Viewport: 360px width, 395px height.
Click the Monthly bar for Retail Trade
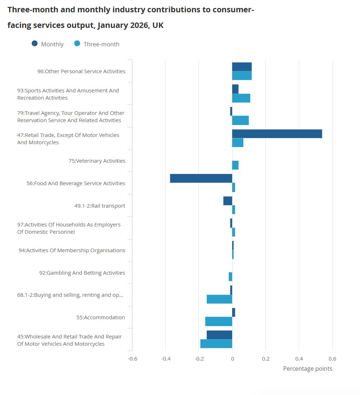277,134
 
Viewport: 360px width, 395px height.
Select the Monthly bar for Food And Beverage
201,178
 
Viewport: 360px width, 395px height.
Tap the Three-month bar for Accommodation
219,321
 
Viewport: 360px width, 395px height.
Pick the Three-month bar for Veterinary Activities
235,165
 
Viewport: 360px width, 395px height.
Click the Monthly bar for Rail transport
228,201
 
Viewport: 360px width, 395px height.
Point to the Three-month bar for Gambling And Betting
230,276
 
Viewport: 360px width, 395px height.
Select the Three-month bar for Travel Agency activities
240,120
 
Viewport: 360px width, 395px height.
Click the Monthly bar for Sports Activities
235,89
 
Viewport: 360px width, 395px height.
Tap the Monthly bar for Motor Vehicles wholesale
219,335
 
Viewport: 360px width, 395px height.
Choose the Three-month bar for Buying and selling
219,299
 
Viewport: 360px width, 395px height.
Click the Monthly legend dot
35,44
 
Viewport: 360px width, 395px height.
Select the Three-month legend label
101,44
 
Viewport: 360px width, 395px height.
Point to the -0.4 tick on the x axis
166,359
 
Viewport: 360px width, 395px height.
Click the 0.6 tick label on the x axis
332,359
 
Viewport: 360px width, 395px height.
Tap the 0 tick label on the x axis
232,359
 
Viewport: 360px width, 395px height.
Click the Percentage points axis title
307,369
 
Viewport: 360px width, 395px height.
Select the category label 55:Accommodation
101,317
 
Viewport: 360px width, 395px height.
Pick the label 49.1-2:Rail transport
100,206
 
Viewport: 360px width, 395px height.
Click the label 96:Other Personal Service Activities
81,71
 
